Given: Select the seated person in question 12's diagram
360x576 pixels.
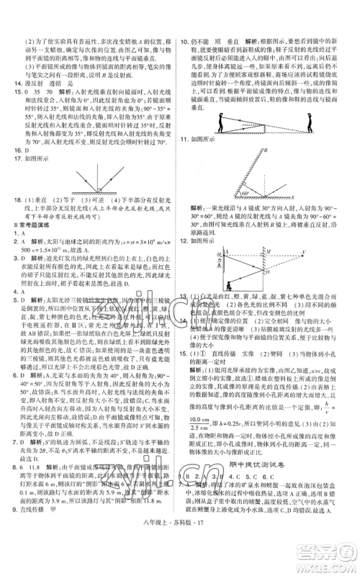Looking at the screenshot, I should click(x=229, y=283).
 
